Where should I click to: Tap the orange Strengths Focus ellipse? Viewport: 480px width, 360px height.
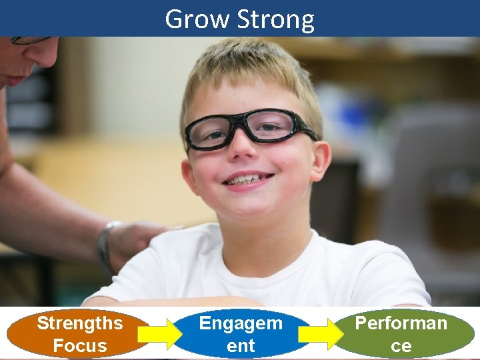pyautogui.click(x=80, y=334)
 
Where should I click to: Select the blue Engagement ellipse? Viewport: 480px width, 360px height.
pyautogui.click(x=241, y=334)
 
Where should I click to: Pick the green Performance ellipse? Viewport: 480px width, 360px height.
pyautogui.click(x=401, y=334)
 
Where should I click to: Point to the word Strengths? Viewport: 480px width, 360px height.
pyautogui.click(x=80, y=323)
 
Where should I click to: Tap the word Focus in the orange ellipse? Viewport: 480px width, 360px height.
pyautogui.click(x=80, y=345)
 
